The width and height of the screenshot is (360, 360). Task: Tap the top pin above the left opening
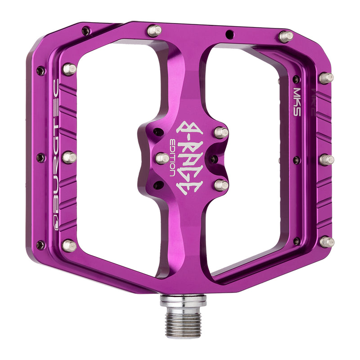click(x=154, y=31)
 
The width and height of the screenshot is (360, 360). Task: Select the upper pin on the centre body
click(x=221, y=132)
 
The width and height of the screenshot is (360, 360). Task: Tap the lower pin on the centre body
click(x=220, y=185)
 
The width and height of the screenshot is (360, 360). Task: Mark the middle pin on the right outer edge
click(x=327, y=159)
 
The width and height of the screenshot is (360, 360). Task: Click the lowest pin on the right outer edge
click(x=327, y=242)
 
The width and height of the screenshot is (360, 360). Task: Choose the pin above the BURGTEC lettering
click(x=69, y=69)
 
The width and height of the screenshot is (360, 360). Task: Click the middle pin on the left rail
click(x=69, y=157)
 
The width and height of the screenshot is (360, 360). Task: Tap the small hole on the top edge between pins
click(x=229, y=33)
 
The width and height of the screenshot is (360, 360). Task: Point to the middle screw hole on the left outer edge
click(x=40, y=157)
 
